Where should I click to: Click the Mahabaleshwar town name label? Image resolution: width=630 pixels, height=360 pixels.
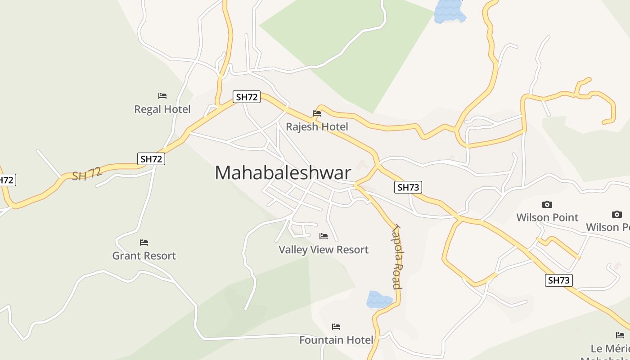(283, 173)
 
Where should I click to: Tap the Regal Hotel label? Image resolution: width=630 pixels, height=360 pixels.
(162, 109)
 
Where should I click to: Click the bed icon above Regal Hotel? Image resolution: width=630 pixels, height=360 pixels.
(162, 96)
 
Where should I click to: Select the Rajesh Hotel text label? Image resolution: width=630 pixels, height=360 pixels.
(317, 127)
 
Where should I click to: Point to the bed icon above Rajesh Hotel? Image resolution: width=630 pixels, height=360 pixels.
(317, 113)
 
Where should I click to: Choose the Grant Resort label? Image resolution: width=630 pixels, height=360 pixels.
(144, 256)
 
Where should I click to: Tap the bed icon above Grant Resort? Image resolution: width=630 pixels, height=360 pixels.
(144, 243)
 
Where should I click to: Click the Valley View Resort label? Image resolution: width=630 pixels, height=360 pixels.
(324, 250)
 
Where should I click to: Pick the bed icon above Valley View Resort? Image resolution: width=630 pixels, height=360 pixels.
(324, 236)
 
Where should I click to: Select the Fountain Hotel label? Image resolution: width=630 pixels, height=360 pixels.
(336, 340)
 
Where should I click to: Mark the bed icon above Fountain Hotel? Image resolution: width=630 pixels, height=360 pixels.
(336, 327)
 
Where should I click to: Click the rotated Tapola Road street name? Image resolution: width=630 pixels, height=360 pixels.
(396, 256)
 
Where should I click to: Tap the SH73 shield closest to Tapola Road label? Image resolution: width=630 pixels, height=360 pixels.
(408, 187)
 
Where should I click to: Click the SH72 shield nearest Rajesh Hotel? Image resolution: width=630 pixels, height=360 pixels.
(247, 97)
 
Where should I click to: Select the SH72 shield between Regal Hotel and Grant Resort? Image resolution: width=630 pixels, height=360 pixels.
(151, 159)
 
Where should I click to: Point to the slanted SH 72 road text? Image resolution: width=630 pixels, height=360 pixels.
(87, 174)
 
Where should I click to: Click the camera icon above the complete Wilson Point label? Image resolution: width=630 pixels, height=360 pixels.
(547, 205)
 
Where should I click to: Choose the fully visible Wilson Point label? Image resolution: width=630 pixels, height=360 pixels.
(547, 217)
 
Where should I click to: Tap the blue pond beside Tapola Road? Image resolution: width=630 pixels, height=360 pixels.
(379, 299)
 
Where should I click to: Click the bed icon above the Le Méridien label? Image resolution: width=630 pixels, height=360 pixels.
(620, 335)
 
